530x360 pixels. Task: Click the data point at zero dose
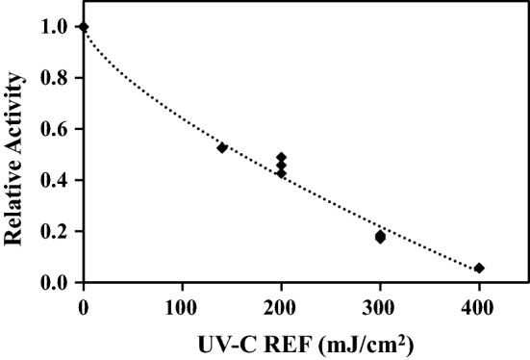point(84,27)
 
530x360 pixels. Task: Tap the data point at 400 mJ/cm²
point(479,268)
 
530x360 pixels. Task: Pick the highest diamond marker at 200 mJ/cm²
point(281,157)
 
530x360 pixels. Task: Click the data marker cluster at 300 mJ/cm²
point(380,236)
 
